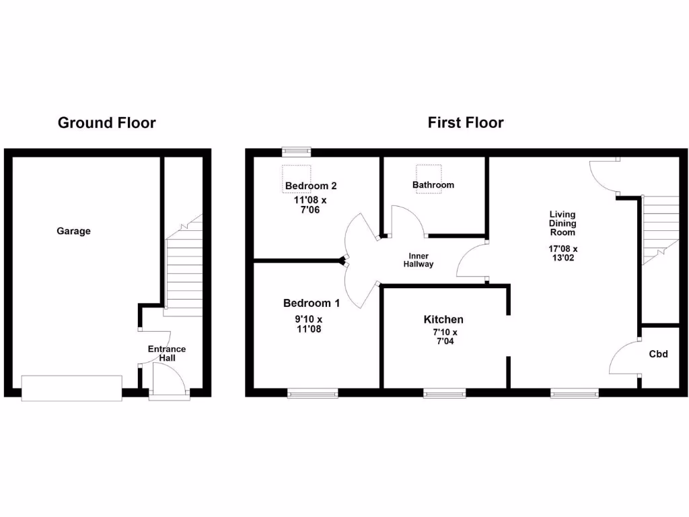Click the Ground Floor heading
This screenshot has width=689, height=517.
point(106,123)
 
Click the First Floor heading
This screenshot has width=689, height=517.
point(466,123)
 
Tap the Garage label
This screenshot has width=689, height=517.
point(73,231)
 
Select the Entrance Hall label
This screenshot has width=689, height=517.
point(167,353)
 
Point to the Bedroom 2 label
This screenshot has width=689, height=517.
point(311,186)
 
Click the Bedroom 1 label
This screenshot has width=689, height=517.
point(312,303)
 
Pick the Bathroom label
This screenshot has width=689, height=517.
point(433,184)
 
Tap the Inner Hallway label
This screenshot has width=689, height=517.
point(419,260)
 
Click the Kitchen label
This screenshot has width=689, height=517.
point(443,319)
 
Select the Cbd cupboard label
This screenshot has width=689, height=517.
point(659,353)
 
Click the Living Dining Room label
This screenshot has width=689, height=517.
point(563,223)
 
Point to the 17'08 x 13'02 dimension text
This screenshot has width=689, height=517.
point(563,253)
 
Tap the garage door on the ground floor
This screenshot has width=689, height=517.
point(72,388)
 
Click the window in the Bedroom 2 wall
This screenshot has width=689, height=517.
point(296,151)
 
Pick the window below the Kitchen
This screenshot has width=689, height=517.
point(445,393)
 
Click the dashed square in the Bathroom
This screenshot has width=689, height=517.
point(429,179)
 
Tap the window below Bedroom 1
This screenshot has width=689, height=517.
point(313,393)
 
